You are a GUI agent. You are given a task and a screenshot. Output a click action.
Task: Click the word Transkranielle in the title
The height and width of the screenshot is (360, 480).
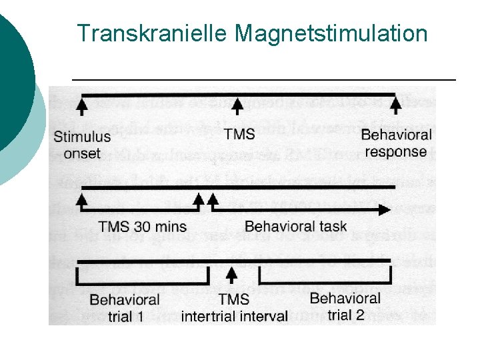[x=153, y=33]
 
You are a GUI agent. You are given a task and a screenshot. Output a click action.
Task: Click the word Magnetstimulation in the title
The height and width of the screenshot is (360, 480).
[x=332, y=33]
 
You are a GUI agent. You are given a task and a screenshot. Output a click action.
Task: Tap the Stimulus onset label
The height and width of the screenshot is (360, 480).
[x=82, y=145]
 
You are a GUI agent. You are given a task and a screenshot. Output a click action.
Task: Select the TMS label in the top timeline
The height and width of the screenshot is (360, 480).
[x=239, y=134]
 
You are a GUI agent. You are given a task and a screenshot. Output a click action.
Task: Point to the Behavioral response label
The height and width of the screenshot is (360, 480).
[x=396, y=143]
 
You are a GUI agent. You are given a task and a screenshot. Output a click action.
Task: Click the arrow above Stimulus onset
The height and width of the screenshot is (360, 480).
[x=81, y=105]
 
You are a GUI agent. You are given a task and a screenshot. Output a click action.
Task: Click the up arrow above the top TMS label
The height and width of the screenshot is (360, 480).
[x=238, y=105]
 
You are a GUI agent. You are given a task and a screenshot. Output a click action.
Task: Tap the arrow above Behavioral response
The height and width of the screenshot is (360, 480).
[x=396, y=105]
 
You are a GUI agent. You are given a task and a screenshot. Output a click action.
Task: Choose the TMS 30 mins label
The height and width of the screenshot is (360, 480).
[x=142, y=226]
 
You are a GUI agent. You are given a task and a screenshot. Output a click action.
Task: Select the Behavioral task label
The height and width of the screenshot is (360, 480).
[x=295, y=226]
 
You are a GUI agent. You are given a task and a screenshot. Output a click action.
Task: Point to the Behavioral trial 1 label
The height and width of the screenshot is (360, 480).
[x=125, y=307]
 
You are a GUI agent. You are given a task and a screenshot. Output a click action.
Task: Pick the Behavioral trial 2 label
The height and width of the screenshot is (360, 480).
[x=345, y=306]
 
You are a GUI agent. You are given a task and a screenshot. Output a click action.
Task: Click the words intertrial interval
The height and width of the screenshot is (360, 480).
[x=234, y=315]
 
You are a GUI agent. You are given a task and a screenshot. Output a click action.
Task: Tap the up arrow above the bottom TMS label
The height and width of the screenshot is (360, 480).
[x=232, y=275]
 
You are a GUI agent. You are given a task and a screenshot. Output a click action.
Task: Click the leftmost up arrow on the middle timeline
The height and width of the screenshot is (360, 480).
[x=82, y=199]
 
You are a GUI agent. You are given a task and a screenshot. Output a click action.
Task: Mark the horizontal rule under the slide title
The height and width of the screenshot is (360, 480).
[x=263, y=80]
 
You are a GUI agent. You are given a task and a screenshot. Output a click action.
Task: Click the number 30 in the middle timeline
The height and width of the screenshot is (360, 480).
[x=145, y=226]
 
